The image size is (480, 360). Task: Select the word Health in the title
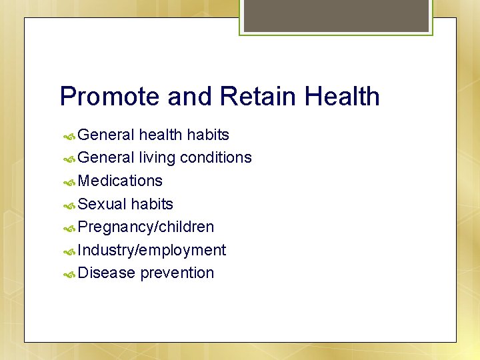coord(342,97)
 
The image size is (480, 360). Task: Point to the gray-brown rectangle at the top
coord(336,15)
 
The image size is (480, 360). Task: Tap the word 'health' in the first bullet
coord(161,135)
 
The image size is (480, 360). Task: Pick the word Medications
coord(120,181)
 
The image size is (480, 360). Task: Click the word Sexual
coord(102,204)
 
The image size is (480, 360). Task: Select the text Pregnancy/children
coord(146,227)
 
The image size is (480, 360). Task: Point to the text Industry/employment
coord(152,250)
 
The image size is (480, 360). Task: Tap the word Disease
coord(107,273)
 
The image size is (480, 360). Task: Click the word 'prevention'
coord(177,273)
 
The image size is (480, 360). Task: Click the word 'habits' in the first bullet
coord(208,135)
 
